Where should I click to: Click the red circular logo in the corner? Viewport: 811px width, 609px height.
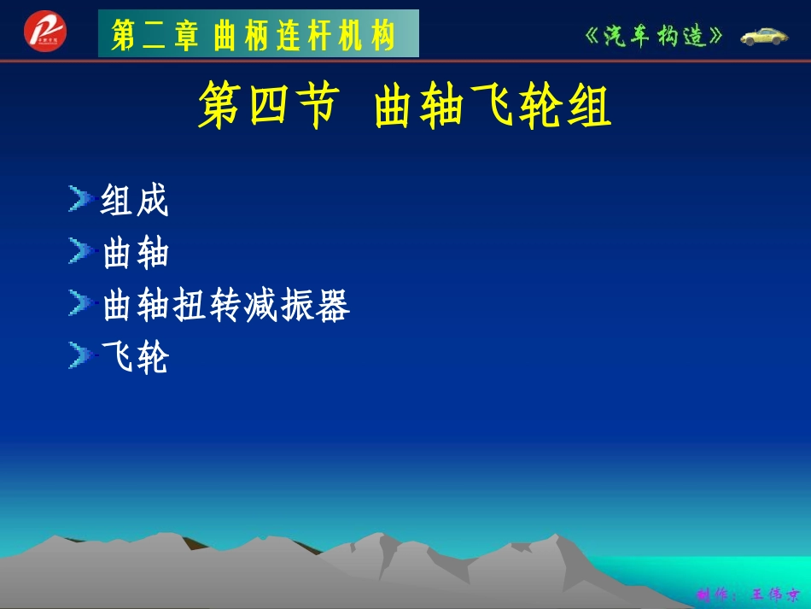pyautogui.click(x=44, y=32)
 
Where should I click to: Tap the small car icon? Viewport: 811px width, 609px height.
pyautogui.click(x=764, y=36)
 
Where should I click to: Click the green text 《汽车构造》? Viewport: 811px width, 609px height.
pyautogui.click(x=656, y=36)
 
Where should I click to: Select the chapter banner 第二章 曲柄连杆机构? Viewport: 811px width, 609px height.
pyautogui.click(x=258, y=34)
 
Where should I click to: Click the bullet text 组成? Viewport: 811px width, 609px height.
pyautogui.click(x=135, y=202)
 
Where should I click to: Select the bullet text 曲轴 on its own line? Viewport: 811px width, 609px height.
pyautogui.click(x=135, y=254)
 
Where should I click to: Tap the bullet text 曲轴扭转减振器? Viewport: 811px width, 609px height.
pyautogui.click(x=225, y=306)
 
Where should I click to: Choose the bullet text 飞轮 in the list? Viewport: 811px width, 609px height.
pyautogui.click(x=135, y=358)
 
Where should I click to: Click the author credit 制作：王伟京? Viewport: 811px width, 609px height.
pyautogui.click(x=748, y=594)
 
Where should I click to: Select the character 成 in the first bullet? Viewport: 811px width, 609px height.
pyautogui.click(x=153, y=202)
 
